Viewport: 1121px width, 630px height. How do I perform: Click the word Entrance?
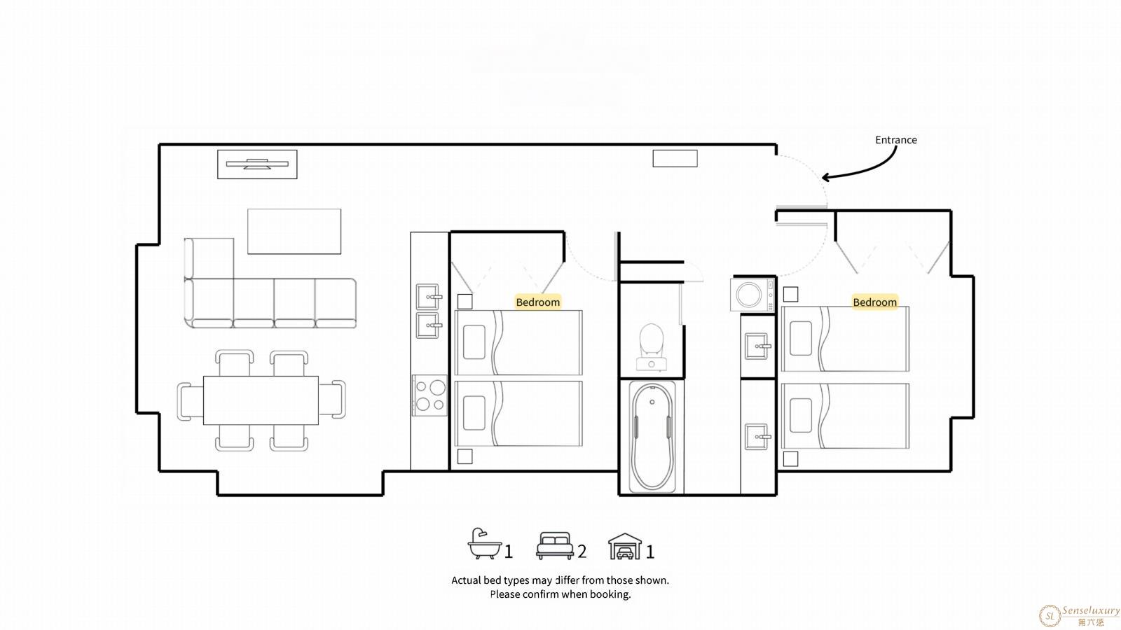(x=896, y=140)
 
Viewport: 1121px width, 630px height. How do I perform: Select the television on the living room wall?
(x=257, y=164)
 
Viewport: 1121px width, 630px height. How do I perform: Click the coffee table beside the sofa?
(x=294, y=232)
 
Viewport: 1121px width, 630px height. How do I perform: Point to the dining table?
(x=261, y=400)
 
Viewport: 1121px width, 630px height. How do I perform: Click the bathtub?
(x=652, y=437)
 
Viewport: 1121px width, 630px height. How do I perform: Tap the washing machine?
(x=752, y=295)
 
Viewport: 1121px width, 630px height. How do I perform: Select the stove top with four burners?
(x=429, y=396)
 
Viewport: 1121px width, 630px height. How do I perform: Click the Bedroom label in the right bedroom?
(x=875, y=302)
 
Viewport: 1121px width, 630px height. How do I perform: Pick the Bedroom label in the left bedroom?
(x=538, y=302)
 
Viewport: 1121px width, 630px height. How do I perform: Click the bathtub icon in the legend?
(x=484, y=543)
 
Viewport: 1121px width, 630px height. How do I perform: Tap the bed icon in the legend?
(x=554, y=545)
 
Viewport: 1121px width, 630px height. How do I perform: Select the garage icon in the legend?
(x=624, y=546)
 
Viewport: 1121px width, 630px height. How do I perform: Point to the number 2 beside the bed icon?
(x=582, y=552)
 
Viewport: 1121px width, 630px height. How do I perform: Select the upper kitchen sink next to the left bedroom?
(x=428, y=297)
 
